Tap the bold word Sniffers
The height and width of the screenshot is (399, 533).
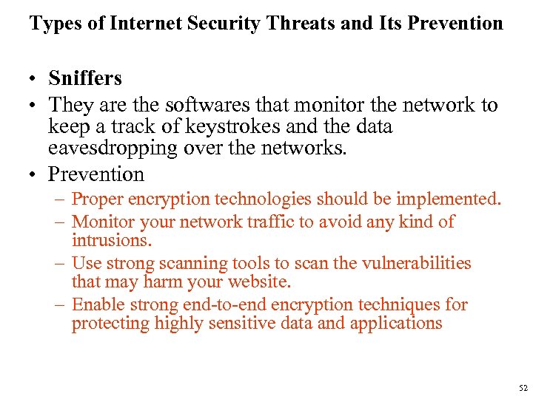pos(85,78)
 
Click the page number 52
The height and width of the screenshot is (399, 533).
pos(523,388)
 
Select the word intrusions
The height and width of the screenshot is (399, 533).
pos(111,240)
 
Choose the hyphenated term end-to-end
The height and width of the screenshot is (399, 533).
pos(225,304)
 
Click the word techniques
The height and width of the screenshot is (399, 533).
pos(400,304)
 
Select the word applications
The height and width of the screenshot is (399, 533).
pos(396,323)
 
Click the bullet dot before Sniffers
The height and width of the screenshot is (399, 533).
pos(34,79)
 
